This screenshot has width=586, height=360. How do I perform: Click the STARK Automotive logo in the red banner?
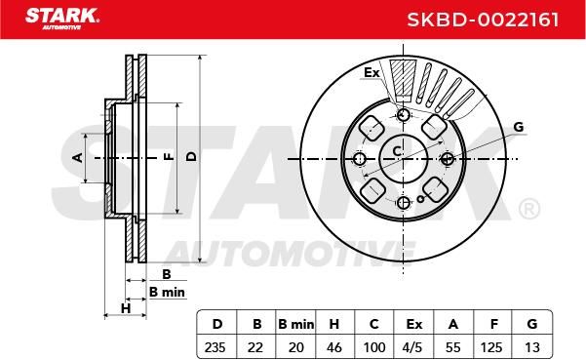(x=62, y=19)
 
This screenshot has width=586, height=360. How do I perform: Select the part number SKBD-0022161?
(x=483, y=20)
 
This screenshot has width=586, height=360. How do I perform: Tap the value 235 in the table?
(x=215, y=347)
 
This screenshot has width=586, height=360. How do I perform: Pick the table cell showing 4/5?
(x=412, y=347)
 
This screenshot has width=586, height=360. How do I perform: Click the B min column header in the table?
(x=295, y=324)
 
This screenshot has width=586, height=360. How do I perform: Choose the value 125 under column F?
(x=491, y=347)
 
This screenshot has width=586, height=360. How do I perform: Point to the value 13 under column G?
(x=531, y=347)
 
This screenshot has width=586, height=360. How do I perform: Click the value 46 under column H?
(x=333, y=347)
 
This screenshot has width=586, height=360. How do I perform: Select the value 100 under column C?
(x=374, y=347)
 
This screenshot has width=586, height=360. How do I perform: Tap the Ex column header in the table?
(x=413, y=324)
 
